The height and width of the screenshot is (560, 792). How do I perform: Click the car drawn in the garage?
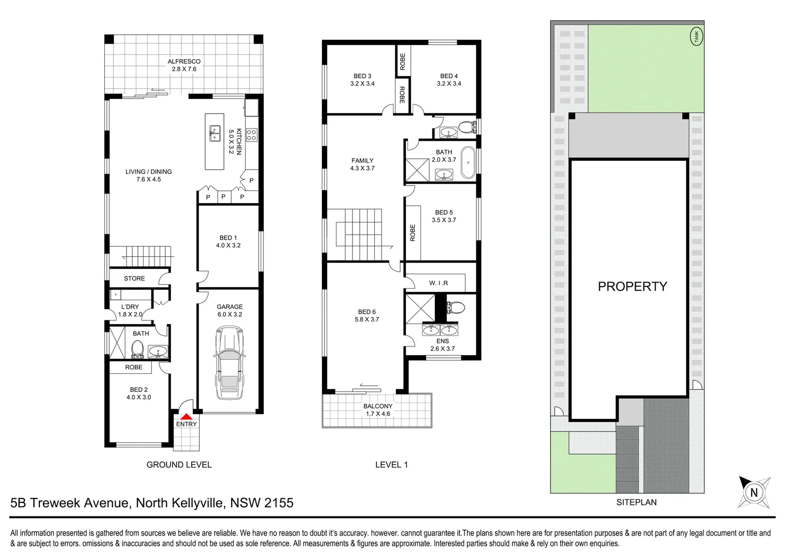pyautogui.click(x=229, y=362)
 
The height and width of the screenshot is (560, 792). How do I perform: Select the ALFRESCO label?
pyautogui.click(x=184, y=61)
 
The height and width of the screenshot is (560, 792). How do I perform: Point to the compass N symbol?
pyautogui.click(x=754, y=492)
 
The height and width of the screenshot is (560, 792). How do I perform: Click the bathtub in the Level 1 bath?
pyautogui.click(x=468, y=162)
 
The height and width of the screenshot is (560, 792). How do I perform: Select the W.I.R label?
pyautogui.click(x=439, y=283)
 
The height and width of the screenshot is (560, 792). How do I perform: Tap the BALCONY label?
pyautogui.click(x=378, y=406)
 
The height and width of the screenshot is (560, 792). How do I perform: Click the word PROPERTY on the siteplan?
pyautogui.click(x=632, y=286)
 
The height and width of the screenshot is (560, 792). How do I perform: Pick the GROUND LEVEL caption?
pyautogui.click(x=179, y=465)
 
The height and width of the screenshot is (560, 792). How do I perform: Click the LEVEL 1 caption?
pyautogui.click(x=391, y=465)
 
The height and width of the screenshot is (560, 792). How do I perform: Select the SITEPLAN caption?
pyautogui.click(x=636, y=502)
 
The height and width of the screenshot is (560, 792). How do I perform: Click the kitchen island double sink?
pyautogui.click(x=215, y=133)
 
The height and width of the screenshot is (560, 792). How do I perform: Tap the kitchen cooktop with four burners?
pyautogui.click(x=251, y=135)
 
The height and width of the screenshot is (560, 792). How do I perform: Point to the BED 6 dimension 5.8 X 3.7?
pyautogui.click(x=367, y=319)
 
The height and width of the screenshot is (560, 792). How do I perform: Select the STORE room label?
pyautogui.click(x=134, y=278)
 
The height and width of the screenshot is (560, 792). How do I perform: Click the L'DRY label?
pyautogui.click(x=130, y=306)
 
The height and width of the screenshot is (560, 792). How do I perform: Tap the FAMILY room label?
pyautogui.click(x=362, y=161)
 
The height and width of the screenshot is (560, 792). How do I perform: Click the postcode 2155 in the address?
pyautogui.click(x=279, y=502)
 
